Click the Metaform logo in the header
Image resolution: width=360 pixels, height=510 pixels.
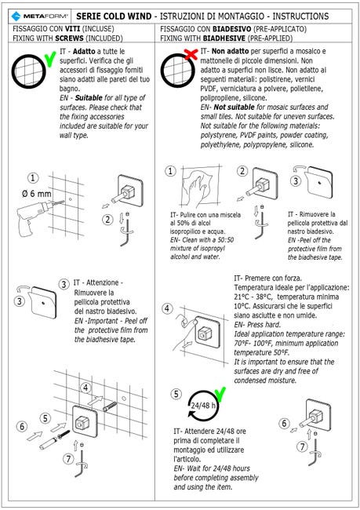click(x=39, y=16)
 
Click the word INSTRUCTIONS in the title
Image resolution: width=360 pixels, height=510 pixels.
click(x=300, y=16)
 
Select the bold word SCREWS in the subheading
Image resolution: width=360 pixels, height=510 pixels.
click(x=69, y=38)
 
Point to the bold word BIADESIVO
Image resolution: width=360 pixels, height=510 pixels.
click(x=232, y=29)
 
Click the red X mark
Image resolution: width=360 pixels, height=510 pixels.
click(x=191, y=54)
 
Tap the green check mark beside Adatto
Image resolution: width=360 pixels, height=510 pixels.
click(x=49, y=59)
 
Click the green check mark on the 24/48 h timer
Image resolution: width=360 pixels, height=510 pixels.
click(x=220, y=395)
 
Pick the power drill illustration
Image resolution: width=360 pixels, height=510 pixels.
click(x=36, y=215)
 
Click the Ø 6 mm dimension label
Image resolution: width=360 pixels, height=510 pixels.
click(x=37, y=194)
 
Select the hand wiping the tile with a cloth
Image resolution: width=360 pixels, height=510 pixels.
click(x=196, y=188)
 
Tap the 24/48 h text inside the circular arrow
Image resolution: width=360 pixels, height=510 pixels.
click(x=203, y=406)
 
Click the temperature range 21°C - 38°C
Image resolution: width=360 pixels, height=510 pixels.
click(x=253, y=297)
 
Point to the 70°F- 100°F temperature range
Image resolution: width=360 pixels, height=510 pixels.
click(x=253, y=343)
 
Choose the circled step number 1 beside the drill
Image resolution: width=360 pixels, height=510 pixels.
click(x=33, y=178)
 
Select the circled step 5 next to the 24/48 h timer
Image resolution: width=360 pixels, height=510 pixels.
click(x=176, y=394)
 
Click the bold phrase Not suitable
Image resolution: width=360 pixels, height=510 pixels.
click(x=235, y=107)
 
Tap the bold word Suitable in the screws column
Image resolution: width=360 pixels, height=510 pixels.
click(x=89, y=97)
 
